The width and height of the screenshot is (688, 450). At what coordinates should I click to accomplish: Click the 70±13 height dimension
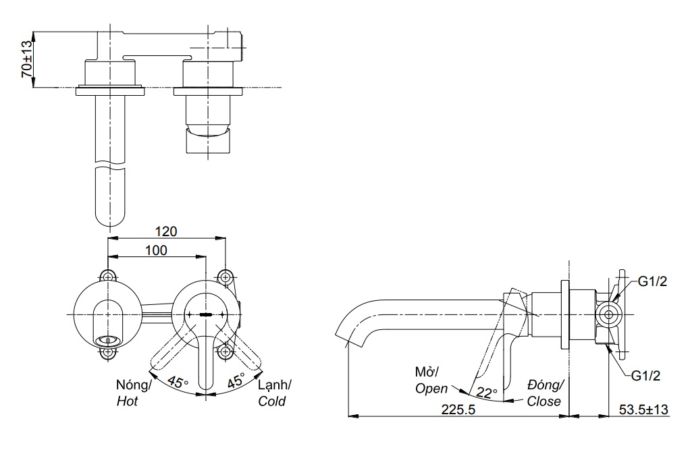coord(26,59)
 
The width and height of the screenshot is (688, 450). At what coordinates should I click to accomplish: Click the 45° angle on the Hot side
coord(178,381)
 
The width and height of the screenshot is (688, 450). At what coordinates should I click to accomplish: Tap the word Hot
coord(127,401)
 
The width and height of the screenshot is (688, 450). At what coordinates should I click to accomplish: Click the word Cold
coord(271,401)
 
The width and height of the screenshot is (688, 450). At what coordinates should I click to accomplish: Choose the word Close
coord(544,401)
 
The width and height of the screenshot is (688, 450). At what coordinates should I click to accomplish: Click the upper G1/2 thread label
coord(652,282)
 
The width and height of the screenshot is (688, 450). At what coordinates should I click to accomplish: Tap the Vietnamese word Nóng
coord(133,385)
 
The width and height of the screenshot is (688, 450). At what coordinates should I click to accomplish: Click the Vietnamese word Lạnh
coord(275,385)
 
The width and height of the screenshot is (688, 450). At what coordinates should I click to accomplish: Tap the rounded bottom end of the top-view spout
coord(109,219)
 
